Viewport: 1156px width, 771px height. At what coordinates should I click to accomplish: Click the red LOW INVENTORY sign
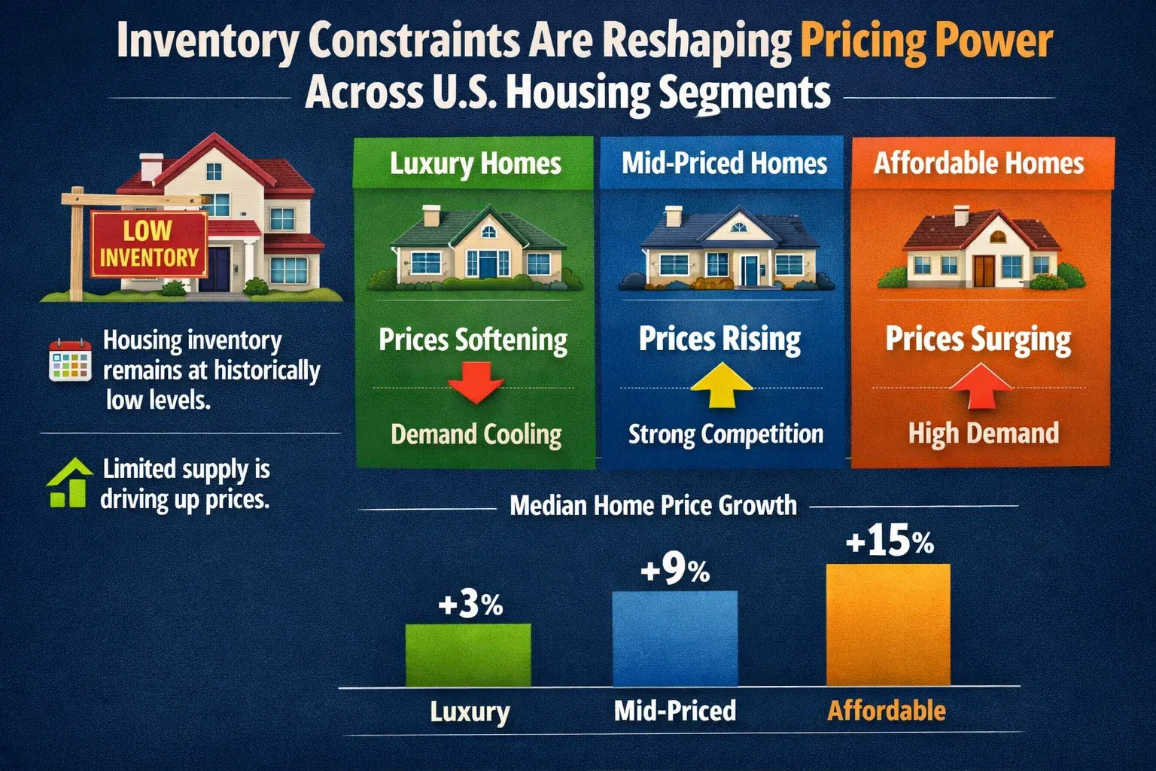point(148,243)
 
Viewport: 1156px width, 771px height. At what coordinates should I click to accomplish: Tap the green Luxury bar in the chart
point(468,654)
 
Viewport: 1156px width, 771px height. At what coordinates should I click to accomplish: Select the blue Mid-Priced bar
point(674,638)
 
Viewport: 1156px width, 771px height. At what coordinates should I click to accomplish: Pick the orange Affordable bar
point(887,625)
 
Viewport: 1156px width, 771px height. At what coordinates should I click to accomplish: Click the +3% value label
point(470,605)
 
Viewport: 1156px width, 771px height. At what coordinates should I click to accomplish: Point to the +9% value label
point(674,571)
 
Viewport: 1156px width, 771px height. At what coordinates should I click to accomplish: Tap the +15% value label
point(889,541)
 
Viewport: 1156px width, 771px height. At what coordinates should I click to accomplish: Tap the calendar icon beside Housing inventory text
point(69,360)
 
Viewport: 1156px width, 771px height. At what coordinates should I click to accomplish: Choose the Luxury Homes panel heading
point(475,163)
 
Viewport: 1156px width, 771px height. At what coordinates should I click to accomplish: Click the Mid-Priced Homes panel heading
point(724,163)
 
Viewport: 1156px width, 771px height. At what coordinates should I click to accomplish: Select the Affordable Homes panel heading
point(978,163)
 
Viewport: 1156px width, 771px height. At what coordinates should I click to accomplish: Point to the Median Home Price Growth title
point(653,505)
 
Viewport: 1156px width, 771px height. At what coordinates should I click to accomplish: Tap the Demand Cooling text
point(476,434)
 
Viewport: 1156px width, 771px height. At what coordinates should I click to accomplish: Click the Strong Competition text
point(726,434)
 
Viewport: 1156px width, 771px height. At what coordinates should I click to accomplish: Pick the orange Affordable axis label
point(887,710)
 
